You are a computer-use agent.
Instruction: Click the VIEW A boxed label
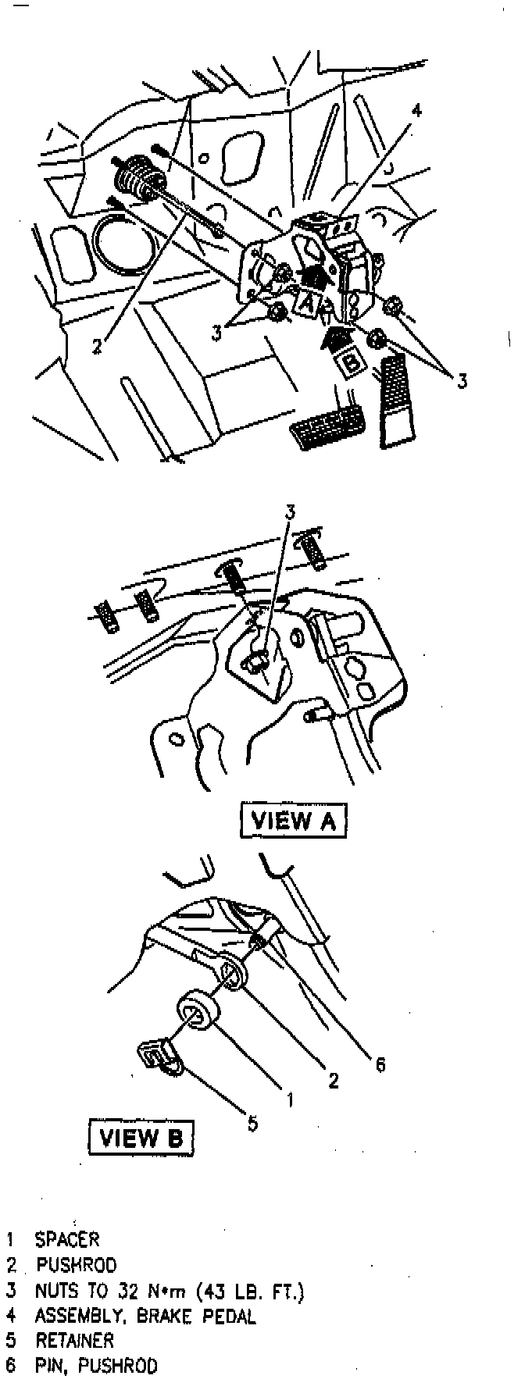[292, 820]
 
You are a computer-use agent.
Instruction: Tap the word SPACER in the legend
[67, 1238]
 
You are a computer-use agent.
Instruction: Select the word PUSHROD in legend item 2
[76, 1265]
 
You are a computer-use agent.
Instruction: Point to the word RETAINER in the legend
[74, 1340]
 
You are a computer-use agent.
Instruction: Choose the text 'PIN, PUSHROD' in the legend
[96, 1366]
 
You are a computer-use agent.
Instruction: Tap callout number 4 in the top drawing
[416, 111]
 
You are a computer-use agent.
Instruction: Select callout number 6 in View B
[380, 1064]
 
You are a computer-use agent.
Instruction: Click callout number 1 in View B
[289, 1099]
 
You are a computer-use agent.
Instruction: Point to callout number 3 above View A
[290, 512]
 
